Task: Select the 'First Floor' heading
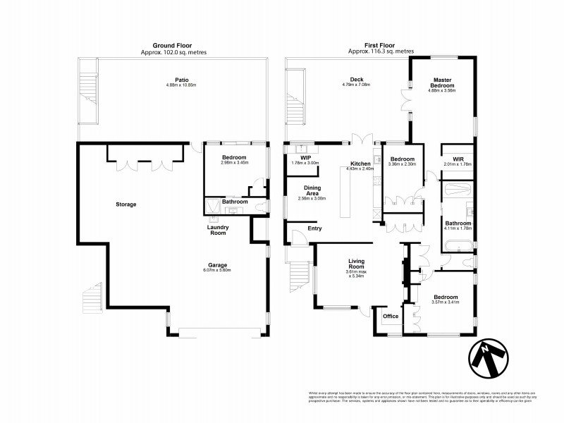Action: (381, 46)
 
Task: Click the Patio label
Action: (173, 80)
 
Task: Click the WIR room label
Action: (458, 159)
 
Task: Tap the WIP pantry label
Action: (305, 158)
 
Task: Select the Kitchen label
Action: (360, 164)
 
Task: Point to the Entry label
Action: (314, 228)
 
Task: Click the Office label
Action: (391, 316)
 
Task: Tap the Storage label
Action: (126, 204)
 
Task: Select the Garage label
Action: (216, 264)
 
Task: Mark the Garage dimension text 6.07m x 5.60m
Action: (216, 270)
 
